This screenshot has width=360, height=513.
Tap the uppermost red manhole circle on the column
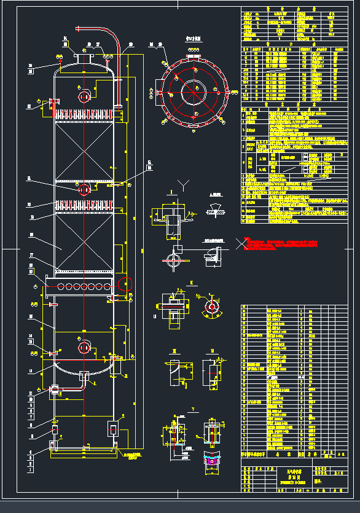84,96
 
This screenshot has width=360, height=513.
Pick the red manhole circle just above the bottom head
84,348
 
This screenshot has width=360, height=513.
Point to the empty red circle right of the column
125,284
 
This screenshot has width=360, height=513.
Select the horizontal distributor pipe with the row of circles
77,286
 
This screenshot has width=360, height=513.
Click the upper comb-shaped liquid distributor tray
84,114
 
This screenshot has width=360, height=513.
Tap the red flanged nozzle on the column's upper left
49,105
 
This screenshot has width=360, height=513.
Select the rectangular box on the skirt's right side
114,428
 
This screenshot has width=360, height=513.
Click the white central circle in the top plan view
195,92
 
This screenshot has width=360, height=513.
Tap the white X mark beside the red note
237,244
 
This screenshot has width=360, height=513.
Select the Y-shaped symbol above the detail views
182,185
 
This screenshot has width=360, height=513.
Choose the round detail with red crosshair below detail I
174,260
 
